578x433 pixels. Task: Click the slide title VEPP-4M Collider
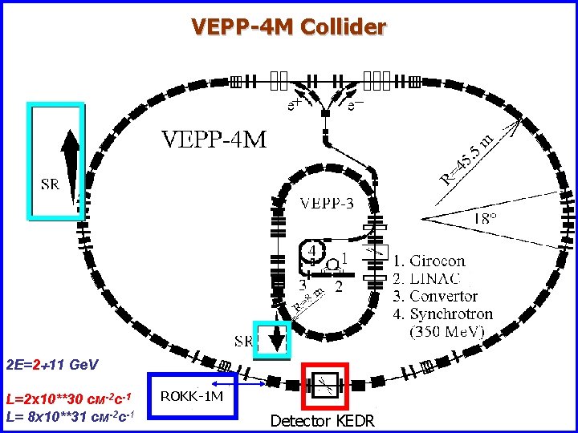(x=288, y=28)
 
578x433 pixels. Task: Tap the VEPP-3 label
(x=327, y=204)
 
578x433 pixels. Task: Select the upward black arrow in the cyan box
(x=70, y=160)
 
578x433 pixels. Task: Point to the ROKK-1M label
(x=192, y=396)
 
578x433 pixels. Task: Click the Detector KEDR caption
(x=322, y=421)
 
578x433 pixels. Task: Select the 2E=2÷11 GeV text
(x=51, y=365)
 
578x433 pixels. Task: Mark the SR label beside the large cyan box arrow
(x=50, y=185)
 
